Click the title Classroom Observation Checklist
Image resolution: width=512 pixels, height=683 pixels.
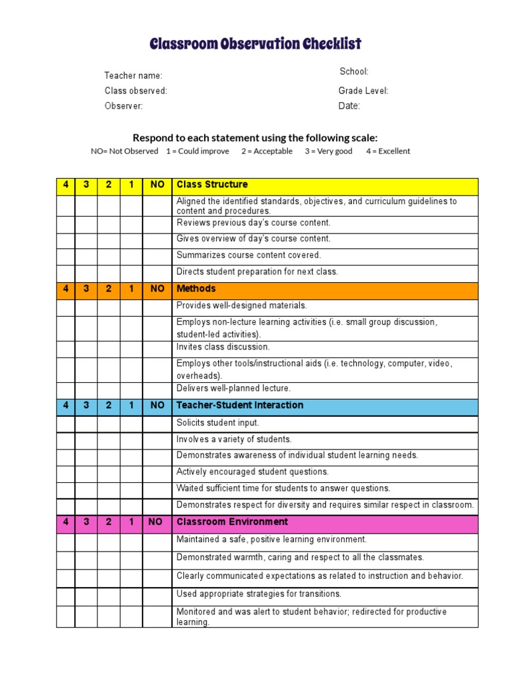255,45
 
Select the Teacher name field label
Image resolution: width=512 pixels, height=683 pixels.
133,76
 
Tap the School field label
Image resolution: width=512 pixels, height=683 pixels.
354,72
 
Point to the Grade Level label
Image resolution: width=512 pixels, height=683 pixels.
363,91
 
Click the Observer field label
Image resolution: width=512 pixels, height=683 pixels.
123,106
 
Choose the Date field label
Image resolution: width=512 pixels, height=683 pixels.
349,106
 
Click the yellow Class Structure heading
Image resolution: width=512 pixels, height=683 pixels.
212,185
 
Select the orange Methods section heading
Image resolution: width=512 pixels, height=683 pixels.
196,289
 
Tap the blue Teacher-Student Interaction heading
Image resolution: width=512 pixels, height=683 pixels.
240,406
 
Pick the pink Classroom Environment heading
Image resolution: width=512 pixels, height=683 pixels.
232,522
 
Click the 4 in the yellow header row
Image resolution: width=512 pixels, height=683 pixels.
65,185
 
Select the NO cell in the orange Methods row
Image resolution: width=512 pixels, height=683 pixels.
157,289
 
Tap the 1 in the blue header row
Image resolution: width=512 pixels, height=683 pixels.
131,406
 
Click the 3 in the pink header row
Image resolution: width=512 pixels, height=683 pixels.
86,522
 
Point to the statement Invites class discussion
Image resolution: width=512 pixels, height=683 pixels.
223,348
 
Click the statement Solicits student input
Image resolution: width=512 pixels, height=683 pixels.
218,423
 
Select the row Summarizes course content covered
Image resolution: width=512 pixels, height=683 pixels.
249,255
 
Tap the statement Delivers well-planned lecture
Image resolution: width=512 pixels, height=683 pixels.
233,389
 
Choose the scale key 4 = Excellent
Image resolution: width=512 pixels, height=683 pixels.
388,151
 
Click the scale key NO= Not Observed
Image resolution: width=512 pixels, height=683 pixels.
125,151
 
